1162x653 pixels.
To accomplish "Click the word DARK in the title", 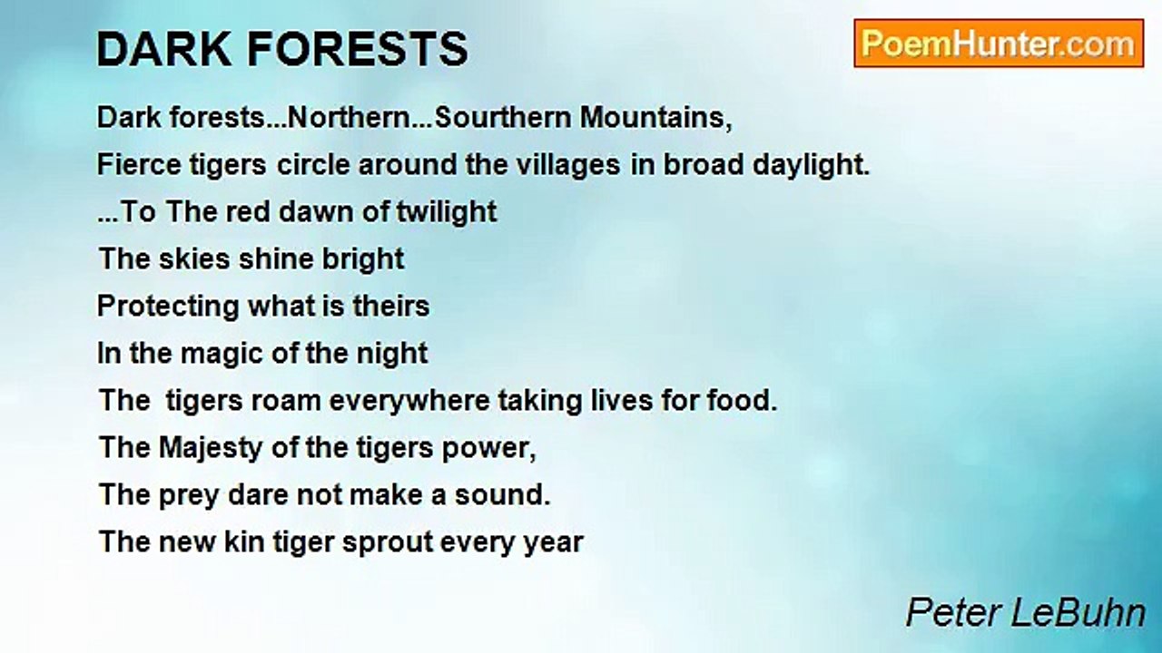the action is click(164, 49).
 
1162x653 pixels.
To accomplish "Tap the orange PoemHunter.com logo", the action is click(999, 44).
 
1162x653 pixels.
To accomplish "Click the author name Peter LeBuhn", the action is click(1026, 614).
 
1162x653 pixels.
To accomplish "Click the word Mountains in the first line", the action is click(655, 118).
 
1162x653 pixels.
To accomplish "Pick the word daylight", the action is click(811, 165).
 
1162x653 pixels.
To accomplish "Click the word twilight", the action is click(446, 212).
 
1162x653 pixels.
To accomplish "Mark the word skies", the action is click(194, 258).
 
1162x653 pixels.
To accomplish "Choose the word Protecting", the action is click(168, 307).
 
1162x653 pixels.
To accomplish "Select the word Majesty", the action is click(211, 448).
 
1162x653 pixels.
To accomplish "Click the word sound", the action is click(502, 495).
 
